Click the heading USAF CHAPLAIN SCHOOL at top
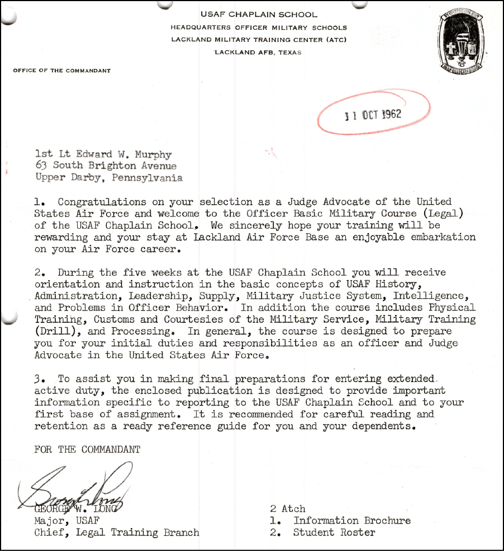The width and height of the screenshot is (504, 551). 258,15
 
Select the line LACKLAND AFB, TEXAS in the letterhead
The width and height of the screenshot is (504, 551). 258,53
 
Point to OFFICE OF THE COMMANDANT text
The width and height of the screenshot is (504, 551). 61,71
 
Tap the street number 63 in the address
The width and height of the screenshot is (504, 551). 41,166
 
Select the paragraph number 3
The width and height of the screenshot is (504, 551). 38,378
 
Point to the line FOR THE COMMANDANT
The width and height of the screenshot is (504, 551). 87,449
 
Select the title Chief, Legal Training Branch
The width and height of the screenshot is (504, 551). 116,532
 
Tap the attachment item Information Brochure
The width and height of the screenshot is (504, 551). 352,520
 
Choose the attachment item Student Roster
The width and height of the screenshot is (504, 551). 334,532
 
